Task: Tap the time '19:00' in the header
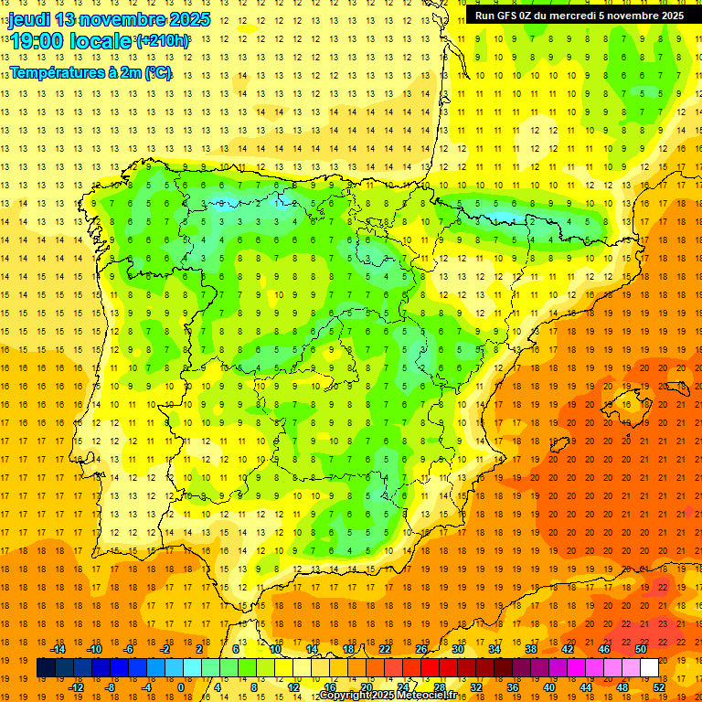(x=37, y=41)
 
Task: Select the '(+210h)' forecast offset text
(x=163, y=41)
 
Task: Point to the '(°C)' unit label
(x=157, y=73)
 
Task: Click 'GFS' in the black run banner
(x=507, y=16)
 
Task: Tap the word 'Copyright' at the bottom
(x=345, y=696)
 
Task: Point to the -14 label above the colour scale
(x=58, y=649)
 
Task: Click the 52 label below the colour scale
(x=659, y=687)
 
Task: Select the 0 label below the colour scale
(x=181, y=687)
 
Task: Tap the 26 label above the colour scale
(x=421, y=649)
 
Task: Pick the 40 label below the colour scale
(x=549, y=687)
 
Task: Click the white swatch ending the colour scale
(x=649, y=668)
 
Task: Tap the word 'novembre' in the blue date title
(x=130, y=19)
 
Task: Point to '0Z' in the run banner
(x=527, y=16)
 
